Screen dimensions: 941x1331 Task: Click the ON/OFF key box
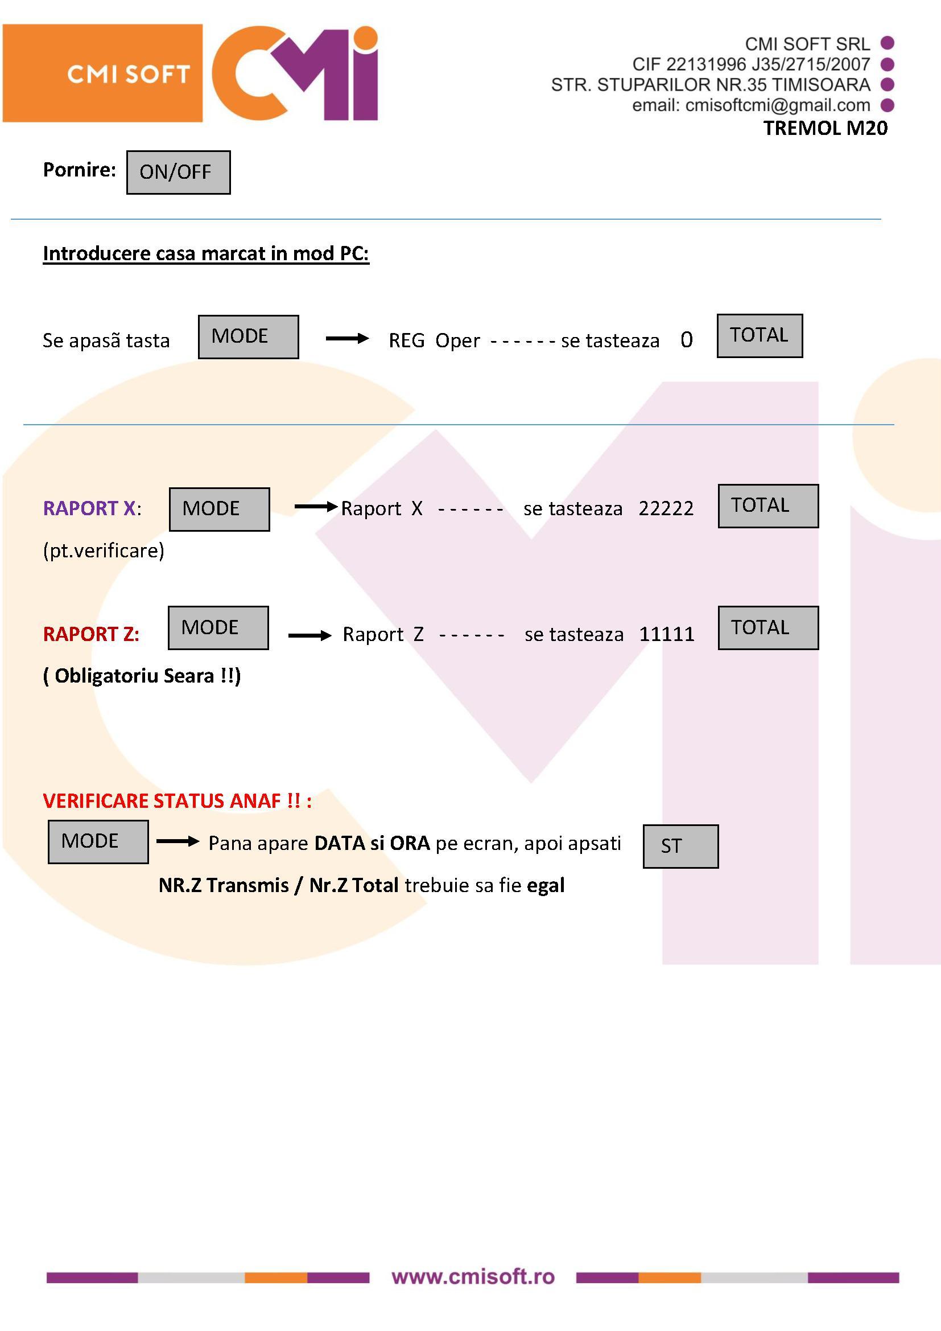click(179, 172)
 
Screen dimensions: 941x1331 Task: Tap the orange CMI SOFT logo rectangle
click(102, 73)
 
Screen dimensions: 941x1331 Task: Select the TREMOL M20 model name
click(825, 128)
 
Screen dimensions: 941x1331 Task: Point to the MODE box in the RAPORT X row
click(220, 509)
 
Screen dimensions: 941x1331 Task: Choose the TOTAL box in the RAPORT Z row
click(768, 628)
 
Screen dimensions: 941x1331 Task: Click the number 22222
click(666, 508)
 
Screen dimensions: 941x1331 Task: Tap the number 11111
click(666, 634)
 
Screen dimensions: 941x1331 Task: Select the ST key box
click(681, 847)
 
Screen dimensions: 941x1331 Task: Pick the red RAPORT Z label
click(91, 634)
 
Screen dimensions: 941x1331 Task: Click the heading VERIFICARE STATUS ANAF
click(178, 800)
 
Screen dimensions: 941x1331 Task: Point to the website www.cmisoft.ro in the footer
click(473, 1276)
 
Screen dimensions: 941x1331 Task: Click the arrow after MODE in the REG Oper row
click(347, 338)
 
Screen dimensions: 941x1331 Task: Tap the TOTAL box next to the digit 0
click(760, 336)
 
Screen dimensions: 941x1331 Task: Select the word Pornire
click(80, 169)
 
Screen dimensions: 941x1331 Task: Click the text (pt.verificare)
click(104, 550)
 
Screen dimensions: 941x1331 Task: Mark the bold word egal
click(546, 885)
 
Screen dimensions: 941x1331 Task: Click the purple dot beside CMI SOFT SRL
click(887, 43)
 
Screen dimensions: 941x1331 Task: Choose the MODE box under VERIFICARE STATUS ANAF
click(98, 842)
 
